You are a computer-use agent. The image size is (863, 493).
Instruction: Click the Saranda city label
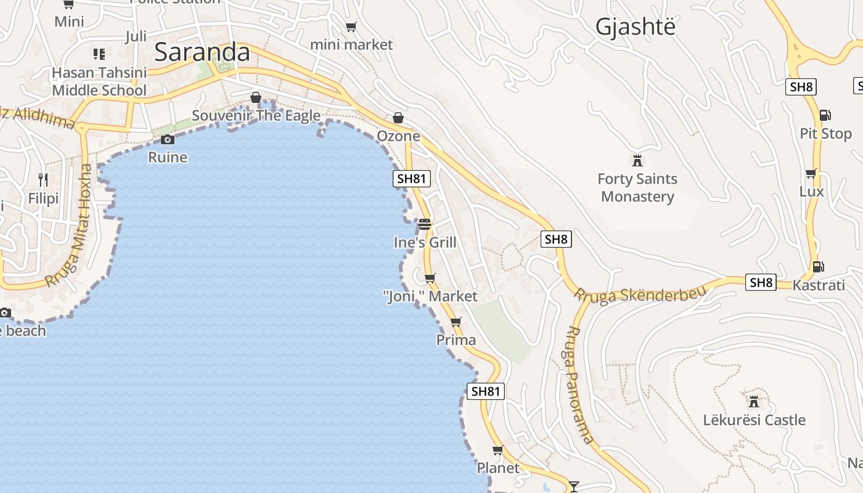pyautogui.click(x=202, y=52)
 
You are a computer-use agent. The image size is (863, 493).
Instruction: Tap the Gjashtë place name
pyautogui.click(x=635, y=26)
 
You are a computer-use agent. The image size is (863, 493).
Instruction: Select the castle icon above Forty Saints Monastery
pyautogui.click(x=637, y=161)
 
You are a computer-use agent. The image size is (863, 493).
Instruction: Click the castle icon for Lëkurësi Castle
pyautogui.click(x=753, y=402)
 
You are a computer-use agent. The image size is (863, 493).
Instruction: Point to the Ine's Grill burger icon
pyautogui.click(x=424, y=224)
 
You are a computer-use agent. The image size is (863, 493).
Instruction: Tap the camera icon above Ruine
pyautogui.click(x=167, y=139)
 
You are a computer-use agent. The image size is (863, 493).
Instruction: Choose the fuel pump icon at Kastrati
pyautogui.click(x=818, y=267)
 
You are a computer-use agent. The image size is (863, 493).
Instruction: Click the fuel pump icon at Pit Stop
pyautogui.click(x=824, y=115)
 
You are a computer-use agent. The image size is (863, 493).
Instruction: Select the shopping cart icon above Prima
pyautogui.click(x=456, y=322)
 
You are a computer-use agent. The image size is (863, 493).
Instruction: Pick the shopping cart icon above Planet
pyautogui.click(x=497, y=450)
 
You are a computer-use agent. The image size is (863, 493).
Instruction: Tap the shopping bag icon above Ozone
pyautogui.click(x=398, y=118)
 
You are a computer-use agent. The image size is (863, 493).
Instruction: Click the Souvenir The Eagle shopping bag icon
pyautogui.click(x=256, y=97)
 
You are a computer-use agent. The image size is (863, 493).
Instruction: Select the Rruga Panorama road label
pyautogui.click(x=580, y=385)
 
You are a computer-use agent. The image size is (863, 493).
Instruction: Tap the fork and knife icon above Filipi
pyautogui.click(x=43, y=180)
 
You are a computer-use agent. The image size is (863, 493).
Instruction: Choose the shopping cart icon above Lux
pyautogui.click(x=811, y=173)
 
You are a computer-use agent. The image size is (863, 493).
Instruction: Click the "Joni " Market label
pyautogui.click(x=430, y=296)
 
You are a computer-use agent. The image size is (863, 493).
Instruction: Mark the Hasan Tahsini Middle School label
pyautogui.click(x=99, y=81)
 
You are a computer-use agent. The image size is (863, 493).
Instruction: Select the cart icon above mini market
pyautogui.click(x=351, y=26)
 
